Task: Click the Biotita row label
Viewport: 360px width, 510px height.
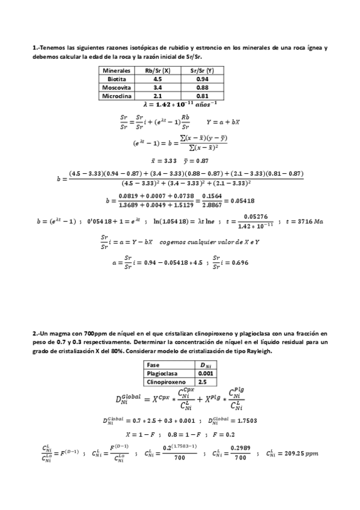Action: (117, 79)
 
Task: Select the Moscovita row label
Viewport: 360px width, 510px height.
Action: (117, 87)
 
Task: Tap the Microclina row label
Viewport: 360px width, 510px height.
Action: (117, 96)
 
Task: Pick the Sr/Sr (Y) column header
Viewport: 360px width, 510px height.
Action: (203, 70)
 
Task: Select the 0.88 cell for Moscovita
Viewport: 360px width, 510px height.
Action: (203, 87)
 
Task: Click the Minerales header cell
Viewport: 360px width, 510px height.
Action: (117, 70)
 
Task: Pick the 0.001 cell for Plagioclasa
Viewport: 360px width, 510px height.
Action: (206, 373)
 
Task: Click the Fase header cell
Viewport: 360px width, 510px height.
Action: (154, 364)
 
